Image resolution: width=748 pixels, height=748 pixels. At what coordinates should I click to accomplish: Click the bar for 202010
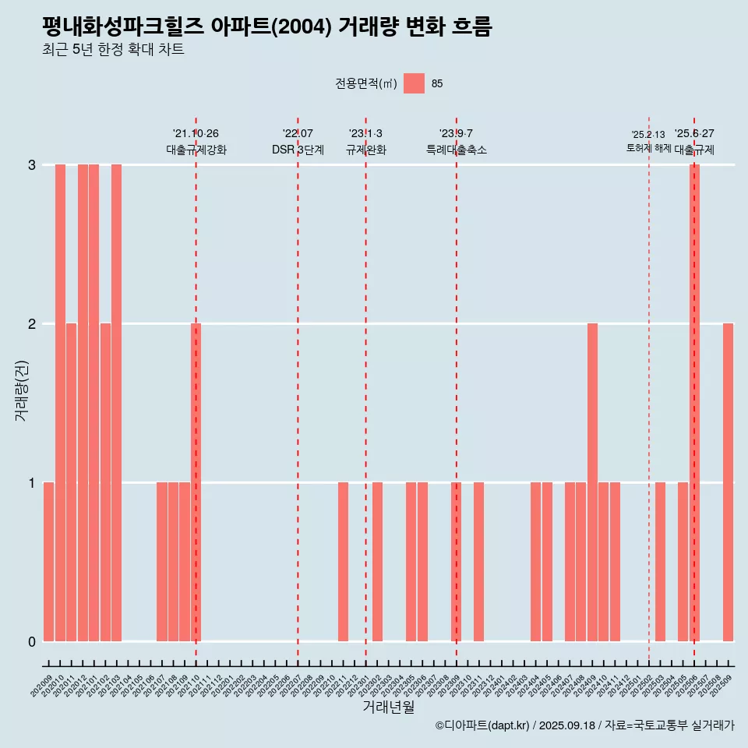60,403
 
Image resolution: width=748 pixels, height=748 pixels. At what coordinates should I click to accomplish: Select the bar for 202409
592,482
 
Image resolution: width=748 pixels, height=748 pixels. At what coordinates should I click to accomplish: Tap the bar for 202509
728,482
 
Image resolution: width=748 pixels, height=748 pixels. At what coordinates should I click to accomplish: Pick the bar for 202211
343,562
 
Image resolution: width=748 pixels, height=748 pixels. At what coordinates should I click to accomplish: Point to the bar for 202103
116,403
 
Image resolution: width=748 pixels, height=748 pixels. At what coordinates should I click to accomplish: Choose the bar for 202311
478,562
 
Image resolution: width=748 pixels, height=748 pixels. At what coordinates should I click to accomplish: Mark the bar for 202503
660,562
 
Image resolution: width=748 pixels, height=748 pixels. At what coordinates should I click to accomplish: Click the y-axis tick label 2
32,324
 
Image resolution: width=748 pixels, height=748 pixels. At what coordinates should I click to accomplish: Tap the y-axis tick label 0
32,642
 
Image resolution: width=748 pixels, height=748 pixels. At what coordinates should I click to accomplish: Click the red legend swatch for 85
414,83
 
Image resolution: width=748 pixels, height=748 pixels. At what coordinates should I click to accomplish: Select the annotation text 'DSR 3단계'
298,150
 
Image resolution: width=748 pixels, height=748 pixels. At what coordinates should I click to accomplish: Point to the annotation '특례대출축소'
457,150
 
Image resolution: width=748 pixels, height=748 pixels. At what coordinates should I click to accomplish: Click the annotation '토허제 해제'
648,147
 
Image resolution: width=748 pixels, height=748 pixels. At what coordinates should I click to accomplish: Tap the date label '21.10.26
196,133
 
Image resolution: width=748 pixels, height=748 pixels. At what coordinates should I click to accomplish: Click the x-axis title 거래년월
388,707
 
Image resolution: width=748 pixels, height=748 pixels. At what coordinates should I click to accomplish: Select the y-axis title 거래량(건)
21,390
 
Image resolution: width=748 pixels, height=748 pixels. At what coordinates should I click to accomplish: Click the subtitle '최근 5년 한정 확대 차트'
113,50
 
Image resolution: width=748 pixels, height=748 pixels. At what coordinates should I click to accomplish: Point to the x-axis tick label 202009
42,686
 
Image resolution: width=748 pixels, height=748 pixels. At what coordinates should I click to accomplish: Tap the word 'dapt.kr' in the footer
510,725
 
